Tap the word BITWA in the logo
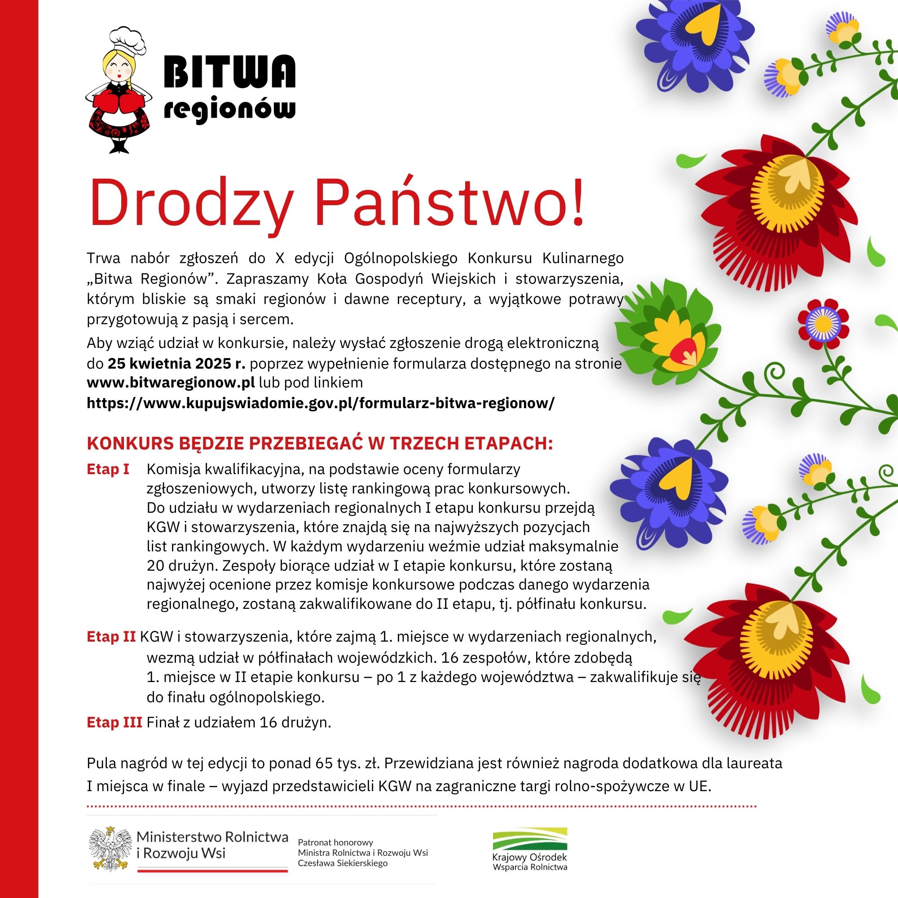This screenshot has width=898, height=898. tap(230, 72)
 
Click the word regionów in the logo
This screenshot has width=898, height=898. tap(230, 110)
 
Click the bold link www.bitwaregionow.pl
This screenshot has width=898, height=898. tap(171, 383)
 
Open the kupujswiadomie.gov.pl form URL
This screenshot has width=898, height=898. tap(320, 402)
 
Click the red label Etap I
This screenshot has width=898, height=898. tap(108, 469)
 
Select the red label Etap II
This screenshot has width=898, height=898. tap(111, 636)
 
